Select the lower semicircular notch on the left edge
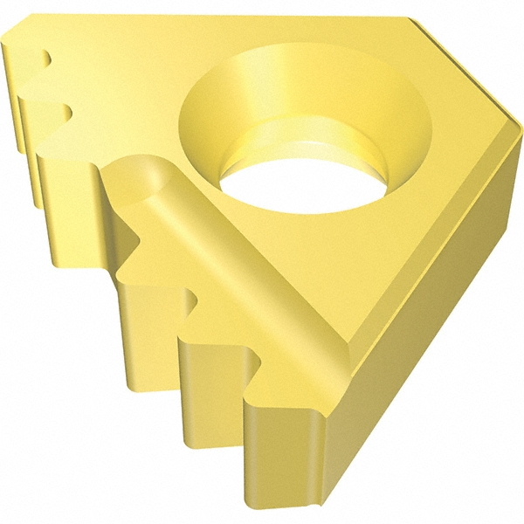tap(62, 111)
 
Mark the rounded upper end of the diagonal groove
tap(144, 171)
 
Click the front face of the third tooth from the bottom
tap(148, 323)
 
